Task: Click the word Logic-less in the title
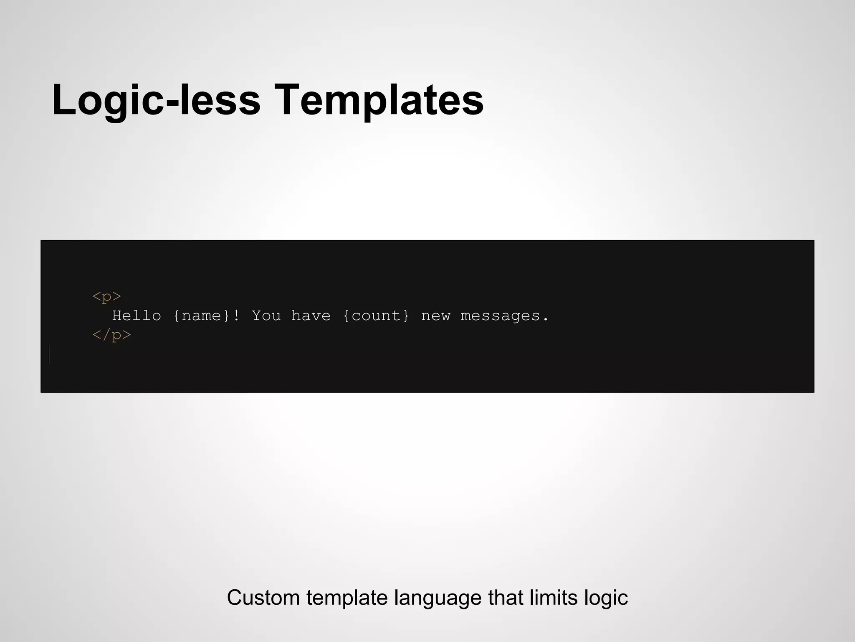coord(156,100)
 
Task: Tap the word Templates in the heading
coord(379,100)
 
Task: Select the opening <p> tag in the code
coord(107,296)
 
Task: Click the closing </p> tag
coord(112,335)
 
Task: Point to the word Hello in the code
coord(137,316)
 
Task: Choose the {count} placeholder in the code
coord(376,316)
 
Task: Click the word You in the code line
coord(266,316)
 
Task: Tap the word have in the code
coord(311,316)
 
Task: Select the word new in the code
coord(435,316)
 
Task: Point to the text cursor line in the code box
coord(49,354)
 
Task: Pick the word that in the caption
coord(506,598)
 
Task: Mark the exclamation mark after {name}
coord(236,316)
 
